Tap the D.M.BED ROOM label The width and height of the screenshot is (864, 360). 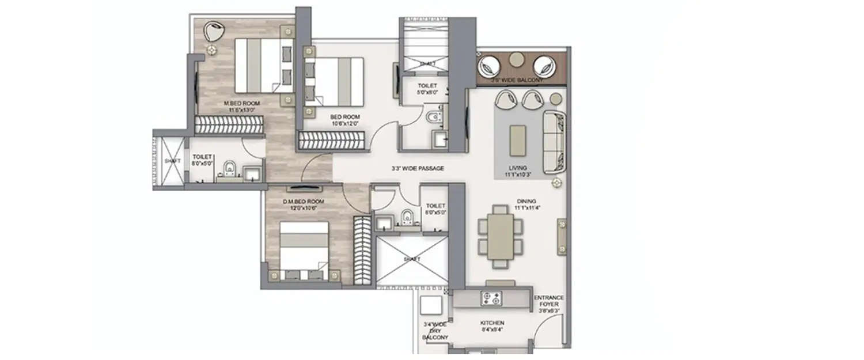point(303,202)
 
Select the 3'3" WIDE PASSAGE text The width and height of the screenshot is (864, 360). point(417,168)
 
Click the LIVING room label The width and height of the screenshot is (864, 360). point(516,168)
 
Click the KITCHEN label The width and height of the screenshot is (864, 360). point(492,323)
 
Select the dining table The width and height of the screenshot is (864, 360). point(500,236)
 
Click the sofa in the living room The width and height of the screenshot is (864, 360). point(555,142)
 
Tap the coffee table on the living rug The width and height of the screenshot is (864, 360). point(517,140)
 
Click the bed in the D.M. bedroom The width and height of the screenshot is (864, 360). point(304,247)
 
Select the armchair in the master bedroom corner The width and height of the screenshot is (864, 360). point(213,31)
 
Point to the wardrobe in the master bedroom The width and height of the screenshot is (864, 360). point(229,124)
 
